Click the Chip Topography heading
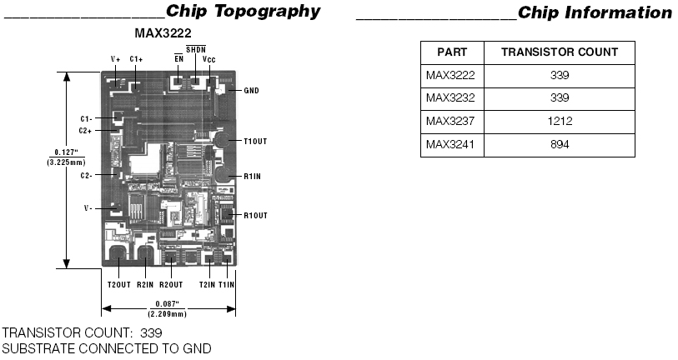(243, 12)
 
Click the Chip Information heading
(594, 12)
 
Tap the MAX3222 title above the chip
(164, 33)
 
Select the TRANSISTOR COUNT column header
(559, 52)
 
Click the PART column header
(452, 52)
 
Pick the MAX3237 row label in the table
(449, 121)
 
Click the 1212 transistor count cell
(559, 121)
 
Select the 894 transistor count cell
(559, 144)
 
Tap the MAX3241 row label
(449, 144)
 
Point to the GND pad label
(253, 90)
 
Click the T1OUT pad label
(254, 140)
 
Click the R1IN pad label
(253, 177)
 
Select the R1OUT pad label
(254, 216)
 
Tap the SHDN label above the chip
(195, 50)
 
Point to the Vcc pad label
(209, 60)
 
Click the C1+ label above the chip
(136, 59)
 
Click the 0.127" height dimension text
(63, 152)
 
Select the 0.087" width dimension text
(167, 304)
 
